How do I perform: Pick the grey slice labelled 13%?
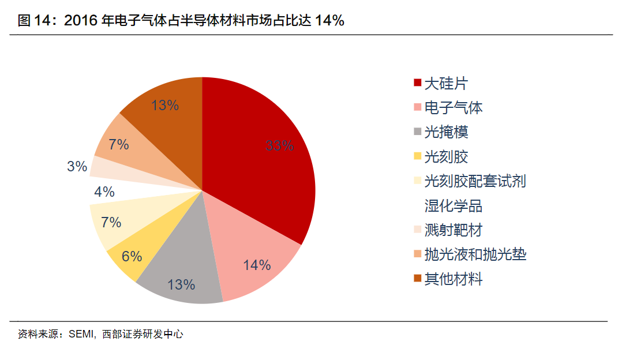(x=182, y=271)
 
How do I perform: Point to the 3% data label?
(x=77, y=167)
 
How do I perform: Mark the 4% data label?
(x=104, y=192)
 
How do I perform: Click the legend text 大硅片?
(x=445, y=83)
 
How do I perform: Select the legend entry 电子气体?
(x=453, y=107)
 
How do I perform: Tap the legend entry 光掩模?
(x=446, y=132)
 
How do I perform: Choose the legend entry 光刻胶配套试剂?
(x=475, y=181)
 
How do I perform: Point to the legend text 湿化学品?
(x=454, y=206)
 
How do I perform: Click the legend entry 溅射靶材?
(x=453, y=230)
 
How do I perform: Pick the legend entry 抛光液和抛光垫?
(x=475, y=254)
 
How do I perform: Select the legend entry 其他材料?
(x=453, y=279)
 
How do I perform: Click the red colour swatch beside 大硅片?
(x=417, y=83)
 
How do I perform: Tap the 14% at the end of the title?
(x=329, y=21)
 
